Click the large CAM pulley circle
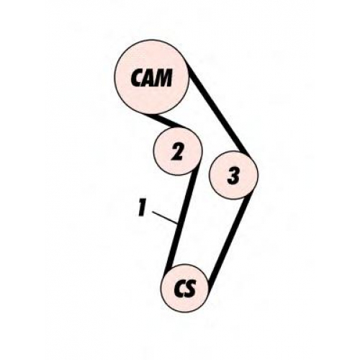point(152,77)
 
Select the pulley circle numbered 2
point(178,151)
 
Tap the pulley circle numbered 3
point(233,175)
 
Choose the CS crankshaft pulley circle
point(185,288)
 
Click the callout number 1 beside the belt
point(142,208)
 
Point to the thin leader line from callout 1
point(165,217)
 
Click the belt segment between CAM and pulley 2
point(168,122)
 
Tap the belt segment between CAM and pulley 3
point(218,109)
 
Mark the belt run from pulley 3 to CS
point(230,240)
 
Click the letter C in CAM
point(137,78)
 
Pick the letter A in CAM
point(149,78)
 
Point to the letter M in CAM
point(164,77)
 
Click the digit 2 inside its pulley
point(178,151)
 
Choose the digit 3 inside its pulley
point(233,176)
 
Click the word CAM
point(151,78)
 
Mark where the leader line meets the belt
point(177,223)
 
